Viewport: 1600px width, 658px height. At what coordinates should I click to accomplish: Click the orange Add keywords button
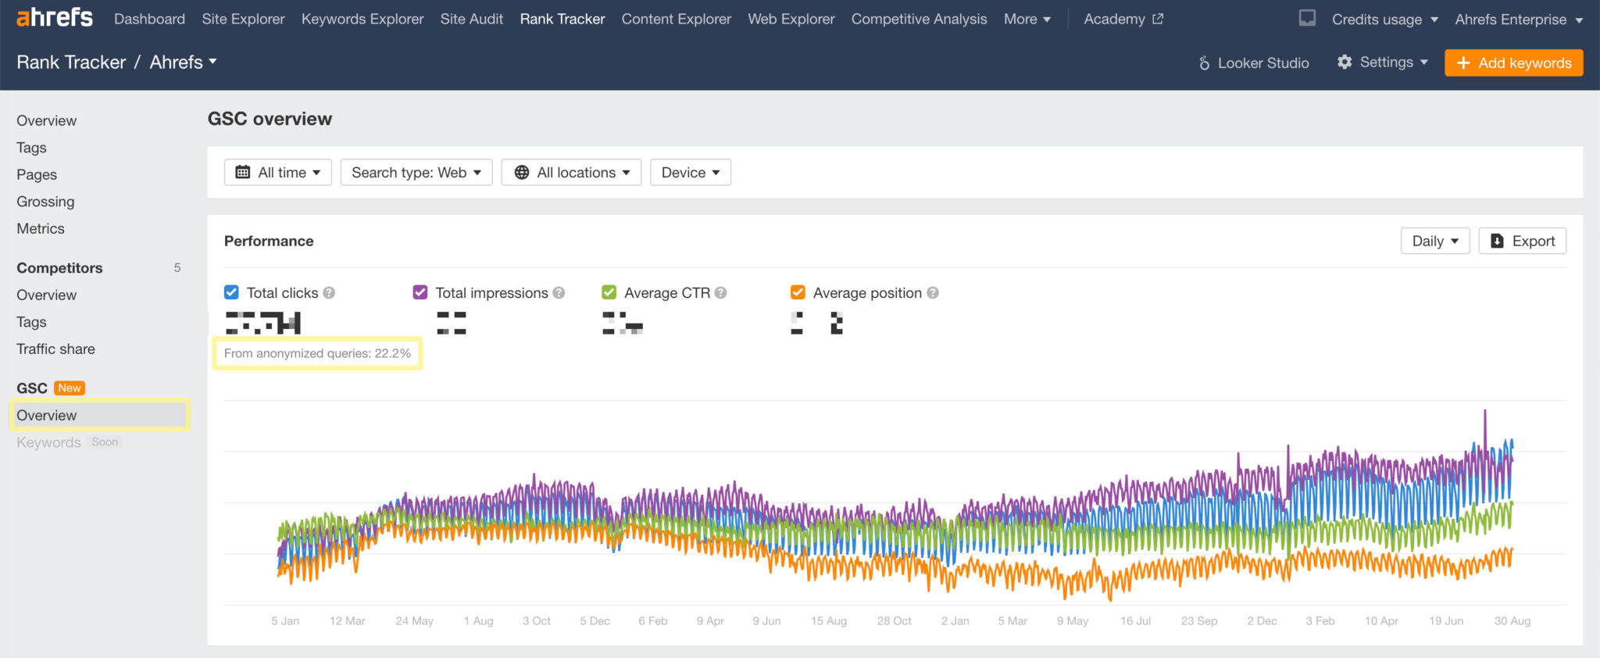tap(1513, 63)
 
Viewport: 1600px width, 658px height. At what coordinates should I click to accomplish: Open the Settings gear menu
tap(1382, 63)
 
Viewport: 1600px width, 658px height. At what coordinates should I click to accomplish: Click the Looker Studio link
tap(1254, 63)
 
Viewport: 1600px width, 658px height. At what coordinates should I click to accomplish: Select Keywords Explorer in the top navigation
tap(362, 19)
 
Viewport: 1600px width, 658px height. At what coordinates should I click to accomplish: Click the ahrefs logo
tap(55, 17)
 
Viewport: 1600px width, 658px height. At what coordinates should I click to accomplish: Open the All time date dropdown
tap(277, 173)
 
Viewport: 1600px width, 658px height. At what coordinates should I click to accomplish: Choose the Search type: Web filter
tap(416, 173)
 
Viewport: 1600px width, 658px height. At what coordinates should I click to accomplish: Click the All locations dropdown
tap(571, 173)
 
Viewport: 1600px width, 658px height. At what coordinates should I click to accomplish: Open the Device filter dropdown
tap(690, 173)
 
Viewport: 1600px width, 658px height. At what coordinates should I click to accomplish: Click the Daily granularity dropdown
tap(1434, 241)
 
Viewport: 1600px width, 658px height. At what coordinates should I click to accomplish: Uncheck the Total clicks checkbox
tap(231, 292)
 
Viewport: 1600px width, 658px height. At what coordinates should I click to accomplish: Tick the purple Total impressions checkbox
tap(420, 292)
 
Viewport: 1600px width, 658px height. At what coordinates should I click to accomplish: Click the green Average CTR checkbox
tap(609, 292)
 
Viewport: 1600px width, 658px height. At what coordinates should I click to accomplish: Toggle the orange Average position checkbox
tap(798, 292)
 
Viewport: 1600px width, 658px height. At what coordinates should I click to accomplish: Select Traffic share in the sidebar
tap(55, 349)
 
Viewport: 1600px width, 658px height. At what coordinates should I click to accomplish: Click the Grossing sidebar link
tap(45, 202)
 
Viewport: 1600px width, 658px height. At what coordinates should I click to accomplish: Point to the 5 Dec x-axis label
tap(595, 621)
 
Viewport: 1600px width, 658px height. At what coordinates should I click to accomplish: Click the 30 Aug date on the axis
tap(1512, 621)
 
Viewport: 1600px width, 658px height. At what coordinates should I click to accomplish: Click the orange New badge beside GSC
tap(70, 388)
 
